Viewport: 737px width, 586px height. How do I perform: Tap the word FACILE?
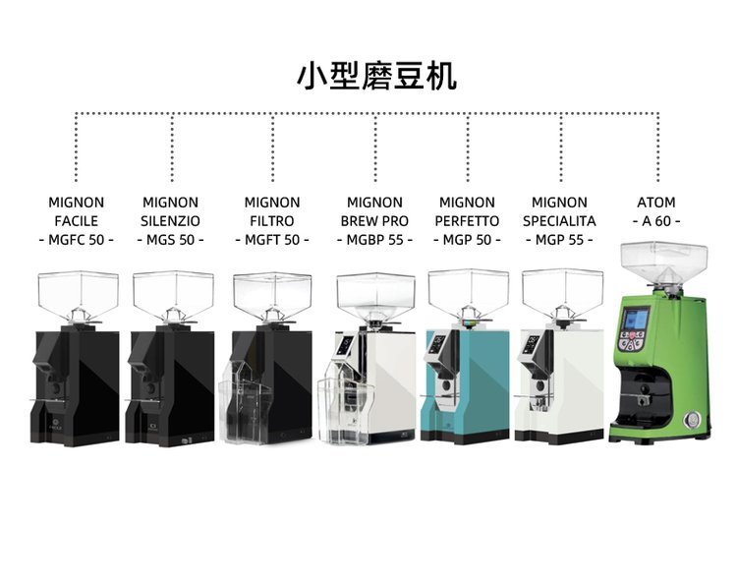point(77,221)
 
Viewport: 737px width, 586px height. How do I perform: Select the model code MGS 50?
point(170,240)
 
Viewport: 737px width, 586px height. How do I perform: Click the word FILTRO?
point(272,221)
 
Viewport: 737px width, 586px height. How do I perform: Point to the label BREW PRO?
point(374,221)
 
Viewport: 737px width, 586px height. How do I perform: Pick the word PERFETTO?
point(467,221)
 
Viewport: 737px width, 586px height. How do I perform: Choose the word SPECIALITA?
point(559,221)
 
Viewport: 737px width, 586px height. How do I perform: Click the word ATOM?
point(655,203)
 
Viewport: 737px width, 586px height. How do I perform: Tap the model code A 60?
point(656,221)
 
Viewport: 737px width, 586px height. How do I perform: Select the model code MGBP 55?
point(374,240)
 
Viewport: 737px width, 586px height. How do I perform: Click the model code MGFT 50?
point(272,240)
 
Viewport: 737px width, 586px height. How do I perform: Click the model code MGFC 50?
point(77,240)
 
